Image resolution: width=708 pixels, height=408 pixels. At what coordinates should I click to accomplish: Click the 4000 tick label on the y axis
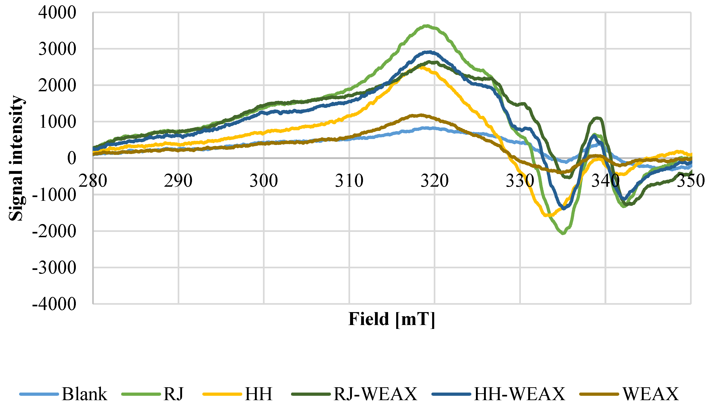[57, 13]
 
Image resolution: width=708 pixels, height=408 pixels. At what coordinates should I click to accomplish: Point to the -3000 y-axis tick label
[54, 268]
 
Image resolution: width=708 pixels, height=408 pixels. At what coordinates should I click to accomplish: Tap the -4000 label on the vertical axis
[54, 304]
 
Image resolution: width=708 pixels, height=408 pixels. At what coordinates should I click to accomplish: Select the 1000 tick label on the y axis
[57, 122]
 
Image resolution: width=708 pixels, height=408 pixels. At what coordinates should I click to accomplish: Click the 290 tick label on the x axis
[178, 181]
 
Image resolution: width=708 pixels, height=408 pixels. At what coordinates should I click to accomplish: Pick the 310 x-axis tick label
[349, 181]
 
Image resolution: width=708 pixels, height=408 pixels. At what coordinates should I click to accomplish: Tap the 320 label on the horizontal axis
[435, 181]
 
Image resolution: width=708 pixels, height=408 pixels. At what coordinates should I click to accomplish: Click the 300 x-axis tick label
[264, 181]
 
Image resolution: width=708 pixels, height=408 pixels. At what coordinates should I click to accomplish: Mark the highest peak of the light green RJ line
[426, 26]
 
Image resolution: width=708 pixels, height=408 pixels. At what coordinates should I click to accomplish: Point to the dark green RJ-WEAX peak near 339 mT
[596, 118]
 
